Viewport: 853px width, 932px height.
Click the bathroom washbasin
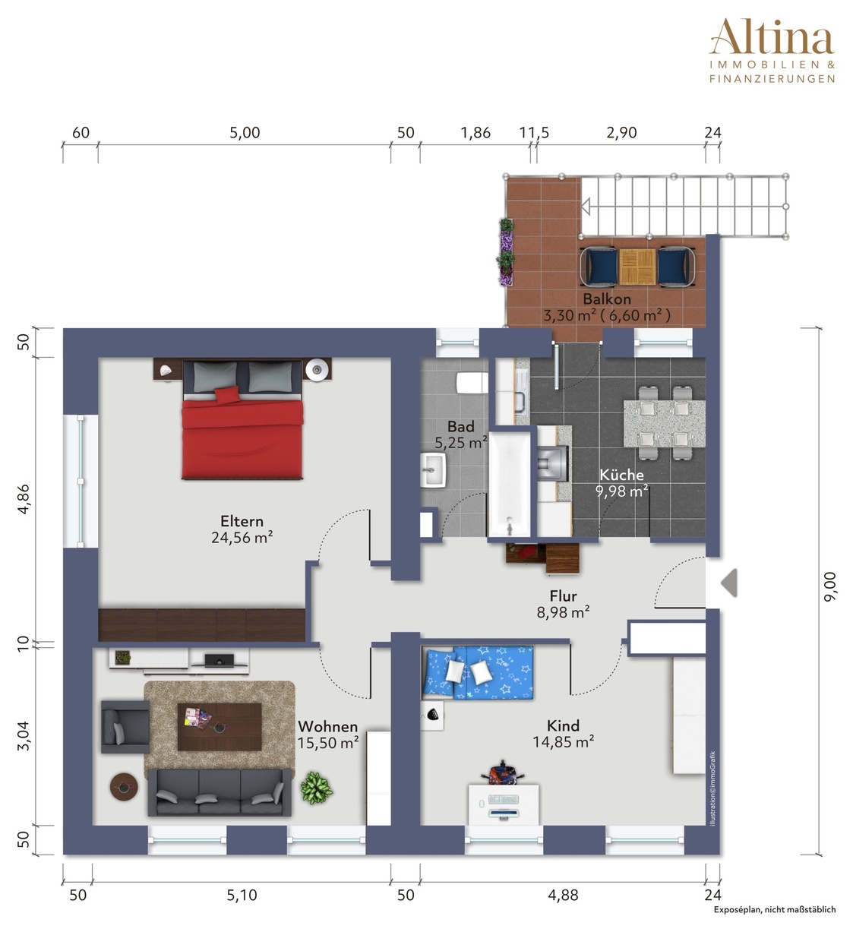point(433,469)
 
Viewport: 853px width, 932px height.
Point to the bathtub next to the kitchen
point(510,484)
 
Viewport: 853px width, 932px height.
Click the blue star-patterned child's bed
point(478,672)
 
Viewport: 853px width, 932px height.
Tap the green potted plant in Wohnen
point(317,788)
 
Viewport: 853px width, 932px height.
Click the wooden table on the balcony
point(637,267)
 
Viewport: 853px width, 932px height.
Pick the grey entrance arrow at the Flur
point(729,583)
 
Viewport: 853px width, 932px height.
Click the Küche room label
point(621,475)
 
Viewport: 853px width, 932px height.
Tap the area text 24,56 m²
point(242,538)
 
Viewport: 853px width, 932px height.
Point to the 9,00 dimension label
point(829,587)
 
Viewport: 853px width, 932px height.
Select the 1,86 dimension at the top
point(475,133)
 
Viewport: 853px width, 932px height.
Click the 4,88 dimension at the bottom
point(563,896)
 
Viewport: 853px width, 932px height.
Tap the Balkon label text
point(607,299)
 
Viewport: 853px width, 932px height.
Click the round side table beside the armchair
point(124,787)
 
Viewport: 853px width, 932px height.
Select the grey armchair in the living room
point(125,727)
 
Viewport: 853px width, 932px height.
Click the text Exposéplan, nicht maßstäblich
point(775,923)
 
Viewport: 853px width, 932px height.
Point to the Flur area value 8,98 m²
point(563,612)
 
